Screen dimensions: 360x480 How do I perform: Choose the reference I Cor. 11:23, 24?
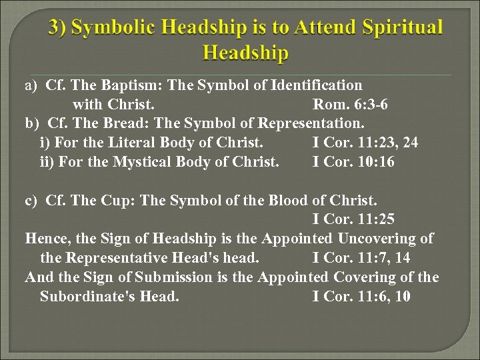365,143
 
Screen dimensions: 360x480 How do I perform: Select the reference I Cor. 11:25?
353,219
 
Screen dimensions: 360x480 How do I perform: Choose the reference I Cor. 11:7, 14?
361,258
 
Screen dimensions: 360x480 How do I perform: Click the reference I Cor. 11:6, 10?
361,297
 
